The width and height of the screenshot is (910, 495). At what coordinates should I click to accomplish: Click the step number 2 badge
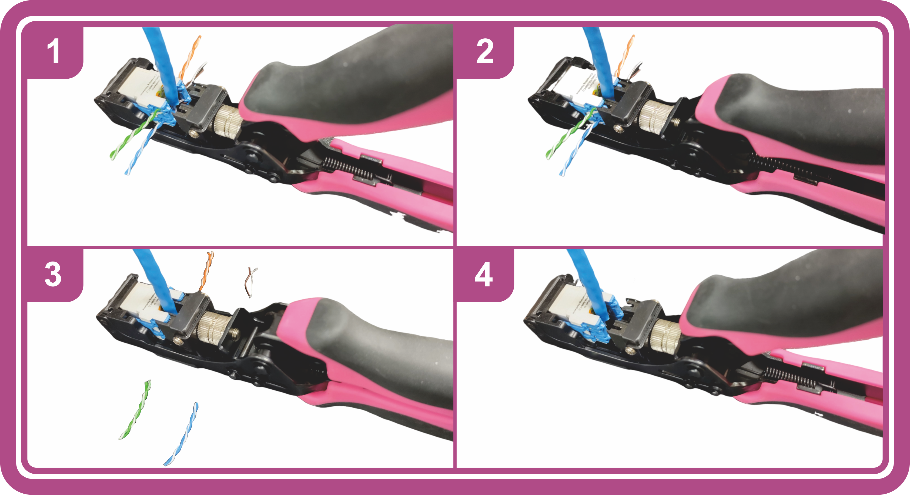point(485,52)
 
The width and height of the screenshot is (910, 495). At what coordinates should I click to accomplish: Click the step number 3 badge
point(53,275)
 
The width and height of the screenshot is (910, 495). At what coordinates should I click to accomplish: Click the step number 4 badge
point(484,275)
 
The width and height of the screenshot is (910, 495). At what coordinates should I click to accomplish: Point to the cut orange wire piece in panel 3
point(207,270)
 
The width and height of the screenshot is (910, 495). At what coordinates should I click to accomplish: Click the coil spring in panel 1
point(348,169)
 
